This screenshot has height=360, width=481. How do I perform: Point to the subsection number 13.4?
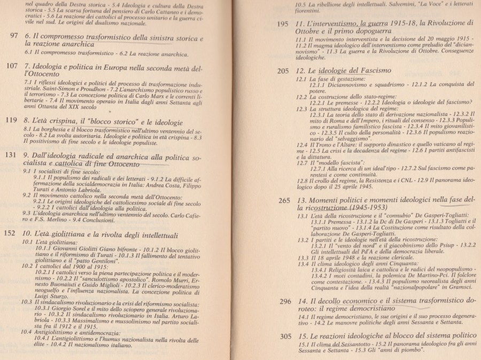(303, 263)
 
